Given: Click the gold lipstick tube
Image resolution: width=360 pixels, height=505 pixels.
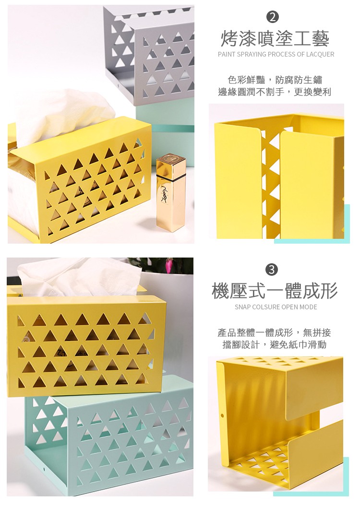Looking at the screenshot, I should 170,192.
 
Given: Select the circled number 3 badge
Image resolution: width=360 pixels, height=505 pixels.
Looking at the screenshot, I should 272,270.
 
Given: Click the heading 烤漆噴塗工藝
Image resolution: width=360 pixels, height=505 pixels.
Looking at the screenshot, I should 275,38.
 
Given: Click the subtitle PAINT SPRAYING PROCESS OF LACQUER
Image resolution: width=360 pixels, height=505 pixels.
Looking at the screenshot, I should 276,54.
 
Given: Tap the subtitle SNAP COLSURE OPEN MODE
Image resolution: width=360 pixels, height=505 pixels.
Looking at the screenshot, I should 276,307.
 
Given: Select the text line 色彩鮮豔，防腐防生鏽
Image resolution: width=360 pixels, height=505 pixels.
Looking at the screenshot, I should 275,80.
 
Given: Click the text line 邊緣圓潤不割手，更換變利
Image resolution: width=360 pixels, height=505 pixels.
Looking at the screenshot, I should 275,92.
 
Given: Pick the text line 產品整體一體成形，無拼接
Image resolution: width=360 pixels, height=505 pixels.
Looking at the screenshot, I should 274,332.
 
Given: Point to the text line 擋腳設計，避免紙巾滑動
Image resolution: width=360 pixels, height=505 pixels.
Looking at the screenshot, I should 274,344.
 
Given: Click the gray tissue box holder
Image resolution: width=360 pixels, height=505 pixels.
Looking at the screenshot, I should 154,53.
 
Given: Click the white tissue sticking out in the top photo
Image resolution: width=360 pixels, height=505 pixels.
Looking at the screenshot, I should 62,113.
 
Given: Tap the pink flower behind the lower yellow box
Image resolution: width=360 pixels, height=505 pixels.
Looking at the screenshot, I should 169,265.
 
